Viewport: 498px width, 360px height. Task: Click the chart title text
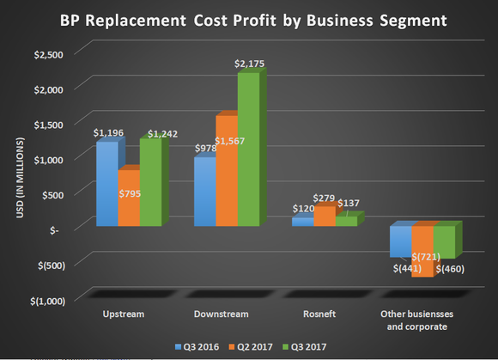(x=248, y=18)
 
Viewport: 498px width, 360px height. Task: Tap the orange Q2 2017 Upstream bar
(x=128, y=198)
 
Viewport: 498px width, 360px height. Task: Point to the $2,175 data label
(x=249, y=65)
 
